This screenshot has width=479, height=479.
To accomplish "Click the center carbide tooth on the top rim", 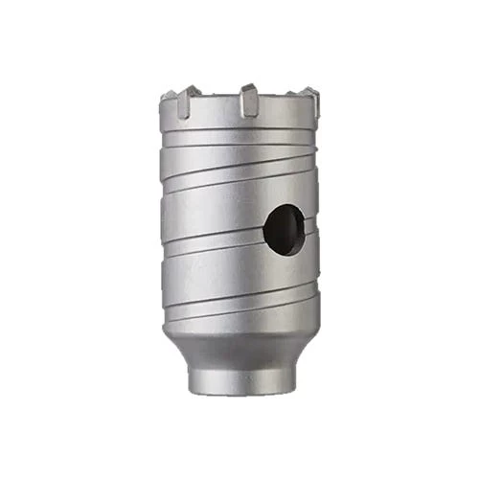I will click(248, 101).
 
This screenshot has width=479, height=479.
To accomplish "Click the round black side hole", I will click(285, 230).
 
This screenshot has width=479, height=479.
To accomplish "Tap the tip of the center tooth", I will click(248, 88).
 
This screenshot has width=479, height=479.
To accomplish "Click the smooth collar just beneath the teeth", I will click(239, 129).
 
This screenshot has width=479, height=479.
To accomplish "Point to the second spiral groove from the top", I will click(239, 177).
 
